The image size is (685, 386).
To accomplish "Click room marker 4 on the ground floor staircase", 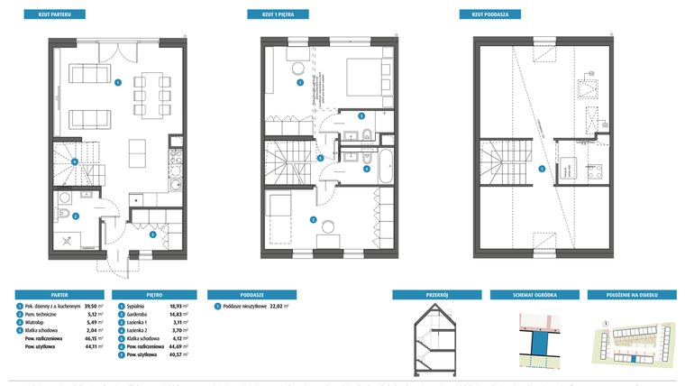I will pyautogui.click(x=74, y=162).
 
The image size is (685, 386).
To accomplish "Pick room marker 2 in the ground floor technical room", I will pyautogui.click(x=76, y=216).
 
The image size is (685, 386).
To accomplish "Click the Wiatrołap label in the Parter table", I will pyautogui.click(x=39, y=323).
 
